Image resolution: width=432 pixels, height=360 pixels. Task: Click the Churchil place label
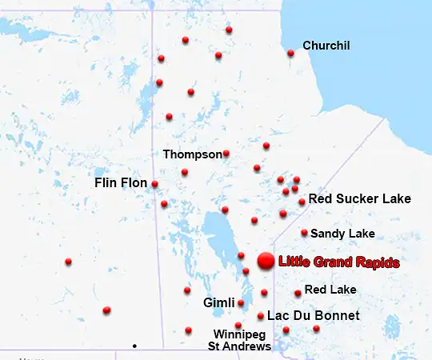[x=326, y=46]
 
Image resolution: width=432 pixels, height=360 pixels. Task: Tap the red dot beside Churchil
[x=290, y=54]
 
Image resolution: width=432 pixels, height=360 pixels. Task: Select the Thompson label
[x=192, y=154]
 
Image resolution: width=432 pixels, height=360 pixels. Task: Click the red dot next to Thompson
[x=226, y=154]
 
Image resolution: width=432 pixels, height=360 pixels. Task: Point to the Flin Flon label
[x=121, y=183]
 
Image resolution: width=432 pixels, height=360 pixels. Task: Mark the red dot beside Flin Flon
[x=154, y=184]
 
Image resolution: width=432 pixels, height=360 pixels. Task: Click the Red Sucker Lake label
[x=359, y=198]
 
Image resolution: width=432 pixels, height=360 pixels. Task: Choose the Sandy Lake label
[x=342, y=234]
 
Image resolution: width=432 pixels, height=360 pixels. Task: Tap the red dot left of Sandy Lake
[x=304, y=233]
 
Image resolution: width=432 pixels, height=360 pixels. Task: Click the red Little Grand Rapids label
[x=338, y=262]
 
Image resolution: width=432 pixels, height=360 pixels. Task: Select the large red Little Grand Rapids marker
[x=265, y=261]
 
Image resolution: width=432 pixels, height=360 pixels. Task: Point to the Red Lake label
[x=330, y=289]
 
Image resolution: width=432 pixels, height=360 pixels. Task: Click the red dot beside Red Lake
[x=298, y=293]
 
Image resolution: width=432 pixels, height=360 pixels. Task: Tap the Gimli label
[x=219, y=303]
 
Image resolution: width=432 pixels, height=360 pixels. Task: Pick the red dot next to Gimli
[x=241, y=303]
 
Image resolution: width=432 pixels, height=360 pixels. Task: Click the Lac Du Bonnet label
[x=313, y=316]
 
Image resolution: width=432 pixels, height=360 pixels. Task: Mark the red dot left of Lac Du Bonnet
[x=261, y=316]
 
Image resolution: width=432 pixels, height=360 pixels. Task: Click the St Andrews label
[x=240, y=346]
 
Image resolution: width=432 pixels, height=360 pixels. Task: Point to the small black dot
[x=134, y=346]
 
